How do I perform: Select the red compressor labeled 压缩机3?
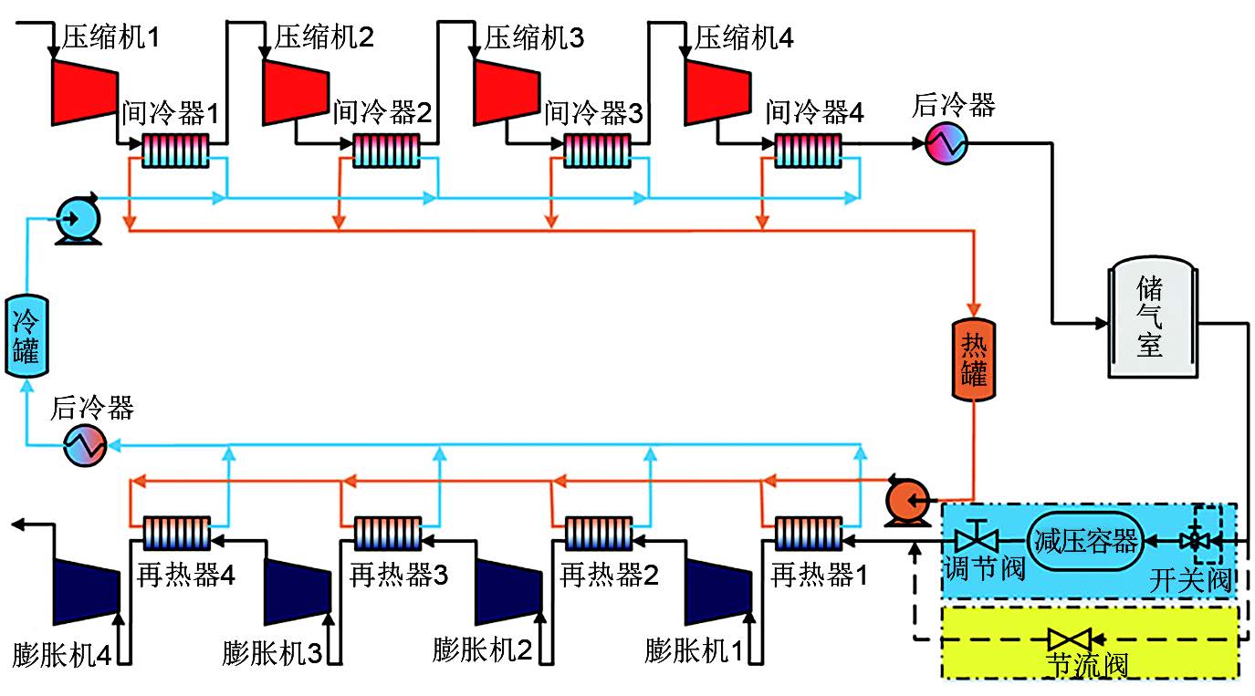pyautogui.click(x=505, y=90)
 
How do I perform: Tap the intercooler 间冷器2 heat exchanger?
pyautogui.click(x=386, y=150)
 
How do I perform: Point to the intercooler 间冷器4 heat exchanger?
pyautogui.click(x=808, y=150)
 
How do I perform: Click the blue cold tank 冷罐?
pyautogui.click(x=25, y=335)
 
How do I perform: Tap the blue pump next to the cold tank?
pyautogui.click(x=72, y=220)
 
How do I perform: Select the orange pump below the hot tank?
pyautogui.click(x=906, y=499)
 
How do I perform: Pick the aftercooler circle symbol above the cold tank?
pyautogui.click(x=85, y=445)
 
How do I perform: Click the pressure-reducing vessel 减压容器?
pyautogui.click(x=1085, y=540)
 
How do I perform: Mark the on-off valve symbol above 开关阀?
pyautogui.click(x=1192, y=540)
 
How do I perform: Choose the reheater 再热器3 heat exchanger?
pyautogui.click(x=386, y=532)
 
